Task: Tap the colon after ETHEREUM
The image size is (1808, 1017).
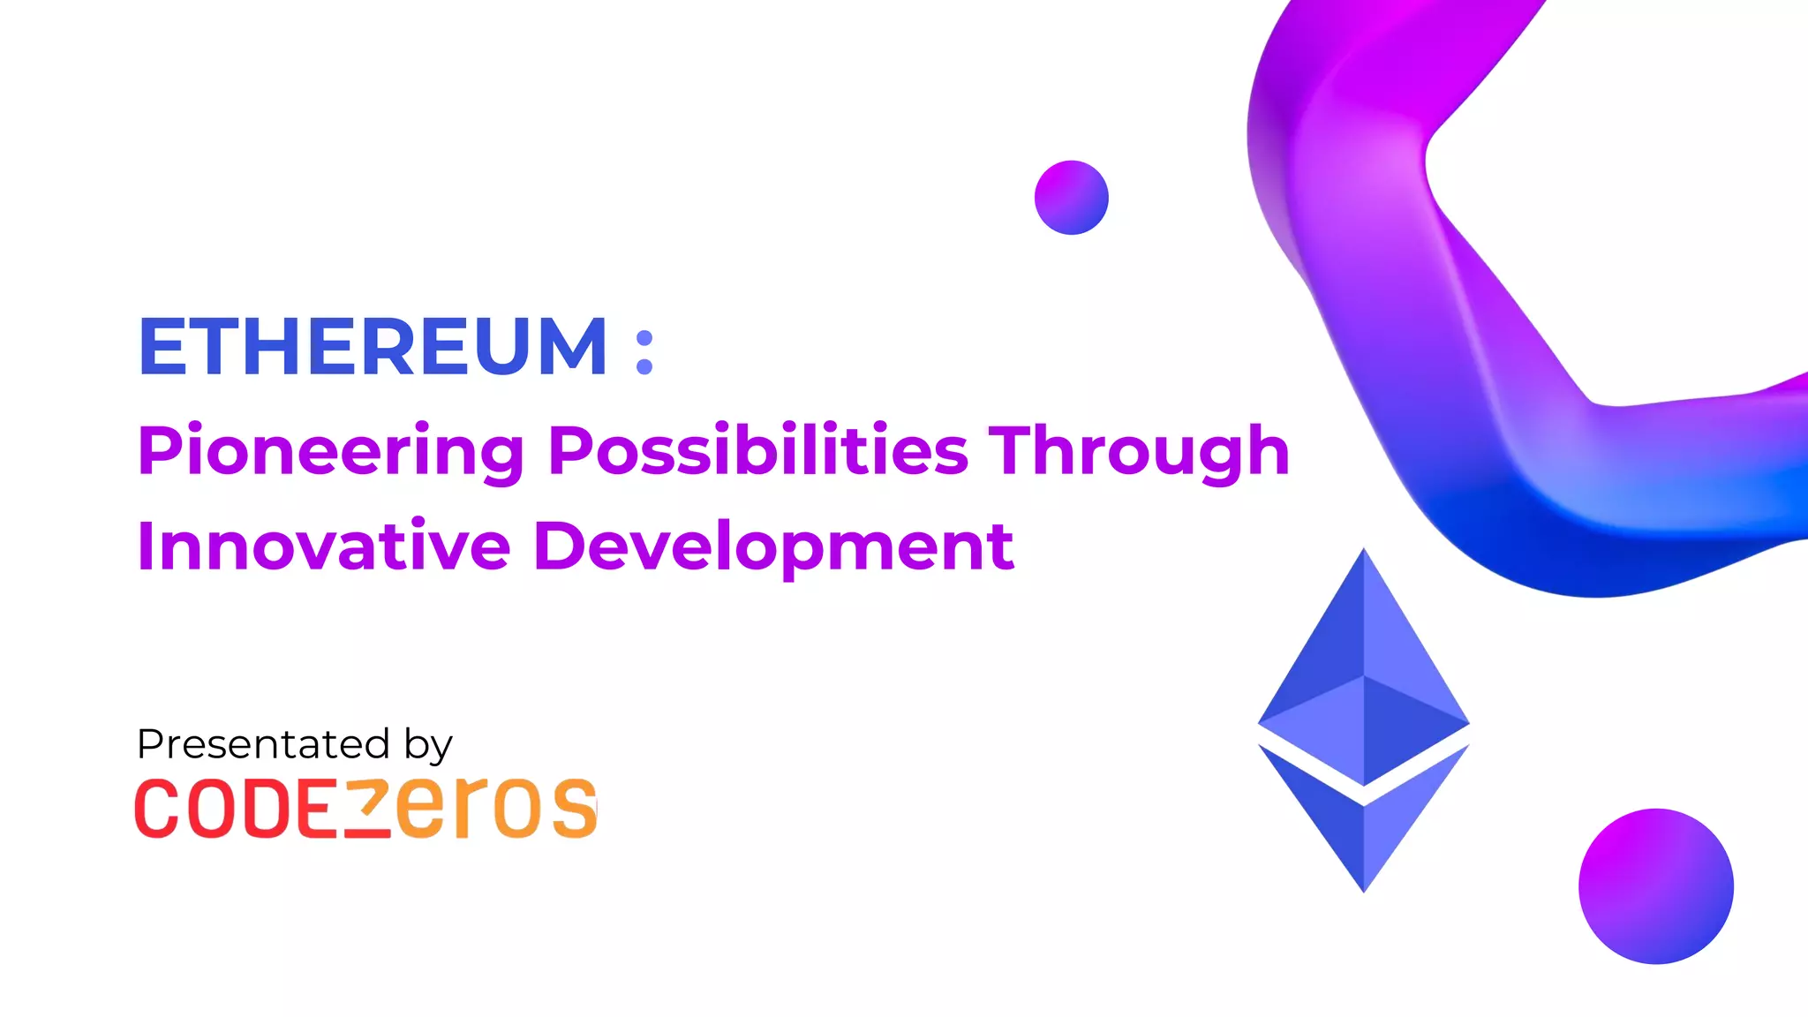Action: pos(644,352)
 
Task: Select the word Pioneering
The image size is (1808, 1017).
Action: pos(331,451)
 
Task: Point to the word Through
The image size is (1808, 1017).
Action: pos(1139,451)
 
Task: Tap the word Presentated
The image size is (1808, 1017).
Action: pos(263,744)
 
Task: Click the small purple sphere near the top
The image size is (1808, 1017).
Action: pos(1071,198)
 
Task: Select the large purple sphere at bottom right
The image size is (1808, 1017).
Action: pos(1655,885)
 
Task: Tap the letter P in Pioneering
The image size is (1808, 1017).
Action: pos(159,450)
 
